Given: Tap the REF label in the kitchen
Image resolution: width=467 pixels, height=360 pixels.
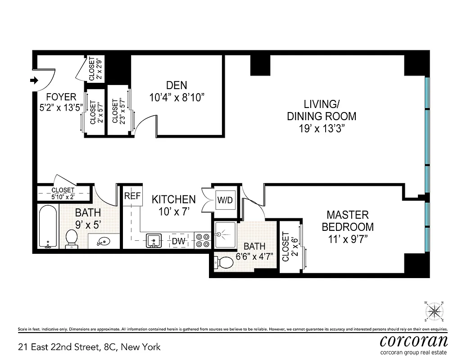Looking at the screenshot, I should (132, 196).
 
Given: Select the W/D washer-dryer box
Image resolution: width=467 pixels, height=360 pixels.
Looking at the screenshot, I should (225, 200).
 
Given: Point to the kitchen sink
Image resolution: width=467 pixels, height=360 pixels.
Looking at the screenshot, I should (154, 241).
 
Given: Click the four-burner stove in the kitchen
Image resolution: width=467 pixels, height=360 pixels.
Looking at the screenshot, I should (203, 240).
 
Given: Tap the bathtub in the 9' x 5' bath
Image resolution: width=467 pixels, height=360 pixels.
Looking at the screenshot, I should (48, 226).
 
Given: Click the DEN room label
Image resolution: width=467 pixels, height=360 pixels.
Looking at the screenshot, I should (177, 85).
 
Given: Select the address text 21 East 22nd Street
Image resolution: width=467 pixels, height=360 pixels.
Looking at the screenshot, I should (89, 347).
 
